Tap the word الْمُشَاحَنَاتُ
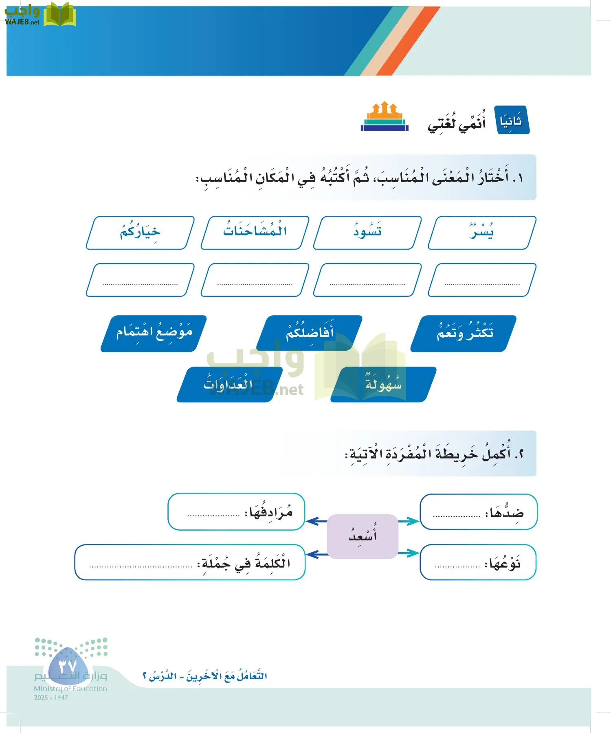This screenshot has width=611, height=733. pyautogui.click(x=255, y=232)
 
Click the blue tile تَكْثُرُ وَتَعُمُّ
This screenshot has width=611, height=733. pyautogui.click(x=464, y=333)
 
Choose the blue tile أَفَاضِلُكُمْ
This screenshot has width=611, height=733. pyautogui.click(x=310, y=333)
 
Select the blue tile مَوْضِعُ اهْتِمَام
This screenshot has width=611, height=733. pyautogui.click(x=154, y=333)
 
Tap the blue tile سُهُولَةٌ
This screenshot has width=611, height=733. pyautogui.click(x=383, y=384)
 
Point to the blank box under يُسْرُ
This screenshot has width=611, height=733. pyautogui.click(x=482, y=280)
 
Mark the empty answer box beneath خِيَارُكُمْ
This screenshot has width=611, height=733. pyautogui.click(x=140, y=280)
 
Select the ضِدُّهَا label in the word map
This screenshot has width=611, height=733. pyautogui.click(x=506, y=513)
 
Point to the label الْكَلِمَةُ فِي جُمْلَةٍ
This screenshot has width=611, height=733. pyautogui.click(x=244, y=563)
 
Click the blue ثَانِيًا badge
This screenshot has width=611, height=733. pyautogui.click(x=512, y=121)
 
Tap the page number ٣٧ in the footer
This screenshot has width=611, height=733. pyautogui.click(x=67, y=667)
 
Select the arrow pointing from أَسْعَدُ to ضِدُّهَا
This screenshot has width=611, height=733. pyautogui.click(x=409, y=521)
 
